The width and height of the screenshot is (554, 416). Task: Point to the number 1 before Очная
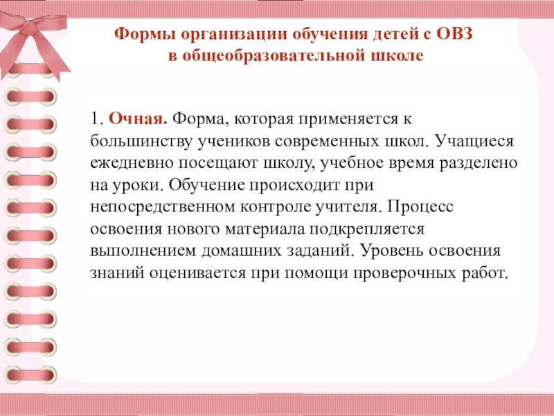[x=95, y=119]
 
